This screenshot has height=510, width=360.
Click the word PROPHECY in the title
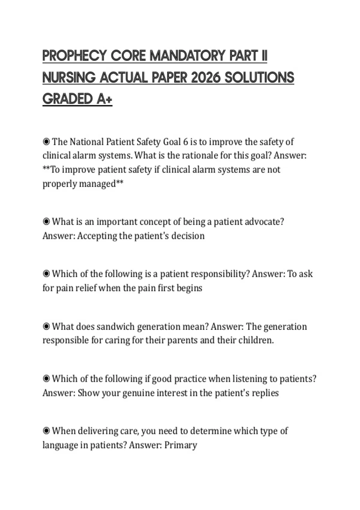tap(75, 56)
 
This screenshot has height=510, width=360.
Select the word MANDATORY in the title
tap(187, 56)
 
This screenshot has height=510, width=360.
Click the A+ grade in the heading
tap(104, 99)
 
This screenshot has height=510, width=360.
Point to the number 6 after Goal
tap(185, 142)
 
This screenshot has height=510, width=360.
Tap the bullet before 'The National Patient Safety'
tap(46, 141)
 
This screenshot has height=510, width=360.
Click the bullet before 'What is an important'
tap(46, 222)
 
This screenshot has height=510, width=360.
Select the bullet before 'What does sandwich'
tap(46, 326)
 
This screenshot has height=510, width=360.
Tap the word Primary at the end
tap(181, 445)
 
